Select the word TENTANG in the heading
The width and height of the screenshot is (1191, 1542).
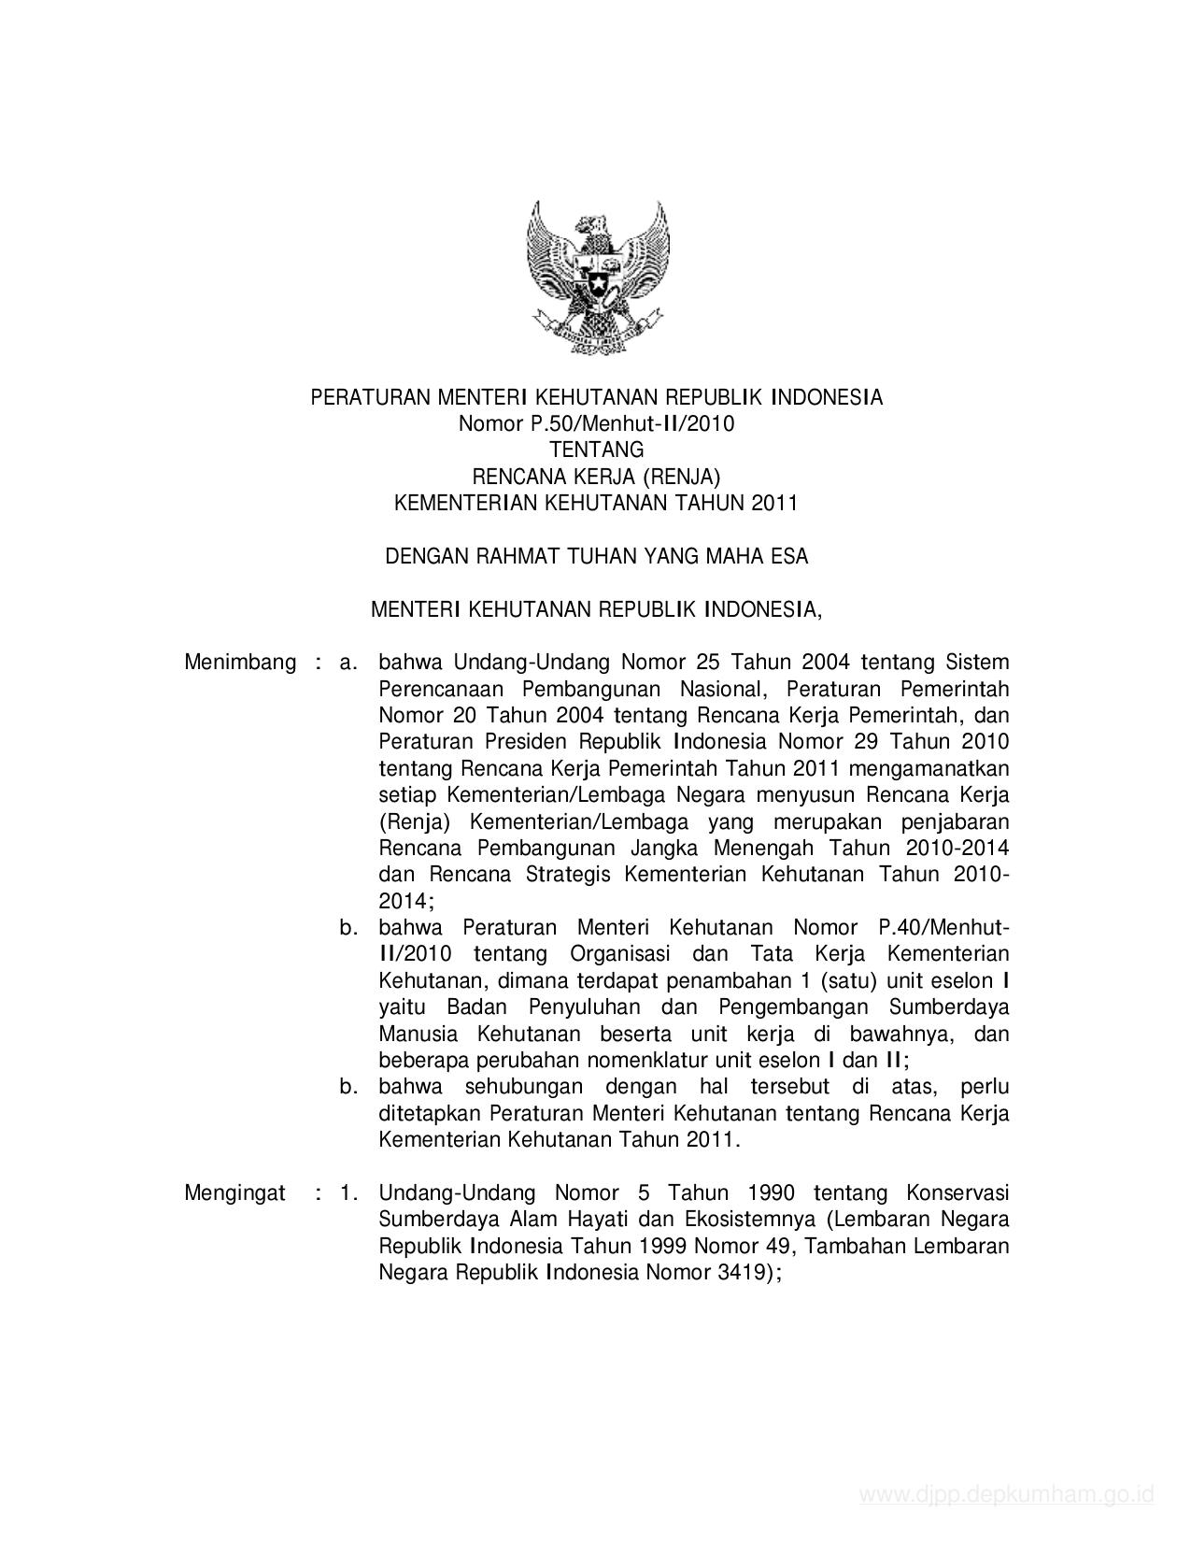point(597,450)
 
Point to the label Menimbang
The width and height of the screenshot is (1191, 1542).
point(240,663)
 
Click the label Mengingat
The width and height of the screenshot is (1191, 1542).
point(235,1192)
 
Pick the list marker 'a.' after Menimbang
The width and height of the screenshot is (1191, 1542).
point(349,663)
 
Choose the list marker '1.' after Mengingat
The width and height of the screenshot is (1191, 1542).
point(349,1192)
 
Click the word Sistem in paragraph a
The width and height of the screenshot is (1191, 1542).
point(977,663)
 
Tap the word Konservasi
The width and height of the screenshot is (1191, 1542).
point(957,1192)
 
